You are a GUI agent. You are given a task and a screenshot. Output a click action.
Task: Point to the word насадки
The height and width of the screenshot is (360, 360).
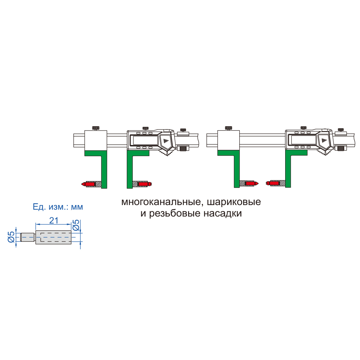point(223,214)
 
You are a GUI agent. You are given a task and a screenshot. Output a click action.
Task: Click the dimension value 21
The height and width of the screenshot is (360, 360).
point(54,220)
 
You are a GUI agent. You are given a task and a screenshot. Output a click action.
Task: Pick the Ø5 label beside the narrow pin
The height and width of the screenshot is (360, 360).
point(11,237)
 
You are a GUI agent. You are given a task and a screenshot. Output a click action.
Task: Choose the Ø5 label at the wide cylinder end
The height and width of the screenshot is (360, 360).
point(76,225)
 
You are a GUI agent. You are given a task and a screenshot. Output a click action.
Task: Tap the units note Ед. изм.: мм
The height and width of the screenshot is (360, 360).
point(58,207)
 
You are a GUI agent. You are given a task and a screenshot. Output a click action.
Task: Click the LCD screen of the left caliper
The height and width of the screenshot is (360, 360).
point(144,140)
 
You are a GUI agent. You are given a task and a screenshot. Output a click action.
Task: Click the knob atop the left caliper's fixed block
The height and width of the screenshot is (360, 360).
point(96,128)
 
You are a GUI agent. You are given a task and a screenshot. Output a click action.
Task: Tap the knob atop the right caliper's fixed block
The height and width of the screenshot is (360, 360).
point(228,128)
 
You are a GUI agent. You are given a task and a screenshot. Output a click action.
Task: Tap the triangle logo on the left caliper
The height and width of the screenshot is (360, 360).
point(166,140)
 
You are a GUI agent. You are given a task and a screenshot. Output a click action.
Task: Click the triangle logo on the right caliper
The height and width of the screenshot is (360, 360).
point(324,140)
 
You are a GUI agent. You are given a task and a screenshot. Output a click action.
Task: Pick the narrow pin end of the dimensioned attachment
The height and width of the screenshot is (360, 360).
point(28,237)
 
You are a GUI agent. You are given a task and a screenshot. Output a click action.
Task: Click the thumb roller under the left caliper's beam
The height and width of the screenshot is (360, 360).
point(183,149)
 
